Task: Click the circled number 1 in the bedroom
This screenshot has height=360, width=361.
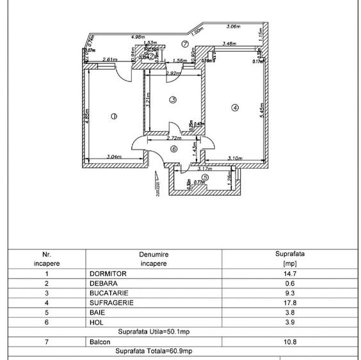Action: pos(113,116)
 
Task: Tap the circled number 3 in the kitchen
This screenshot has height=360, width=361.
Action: pos(173,100)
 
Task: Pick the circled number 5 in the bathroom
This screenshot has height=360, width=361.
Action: pos(205,177)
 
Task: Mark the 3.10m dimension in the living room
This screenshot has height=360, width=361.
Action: pos(235,158)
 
